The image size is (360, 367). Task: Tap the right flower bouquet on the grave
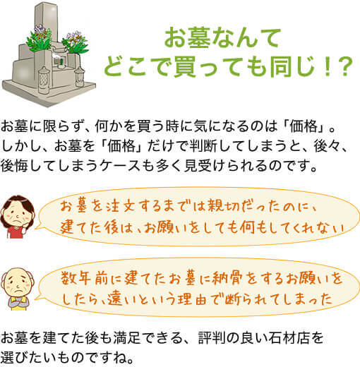click(x=75, y=43)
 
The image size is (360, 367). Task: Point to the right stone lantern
click(x=79, y=76)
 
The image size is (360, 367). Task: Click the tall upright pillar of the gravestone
click(x=47, y=23)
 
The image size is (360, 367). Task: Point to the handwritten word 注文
click(x=122, y=206)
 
